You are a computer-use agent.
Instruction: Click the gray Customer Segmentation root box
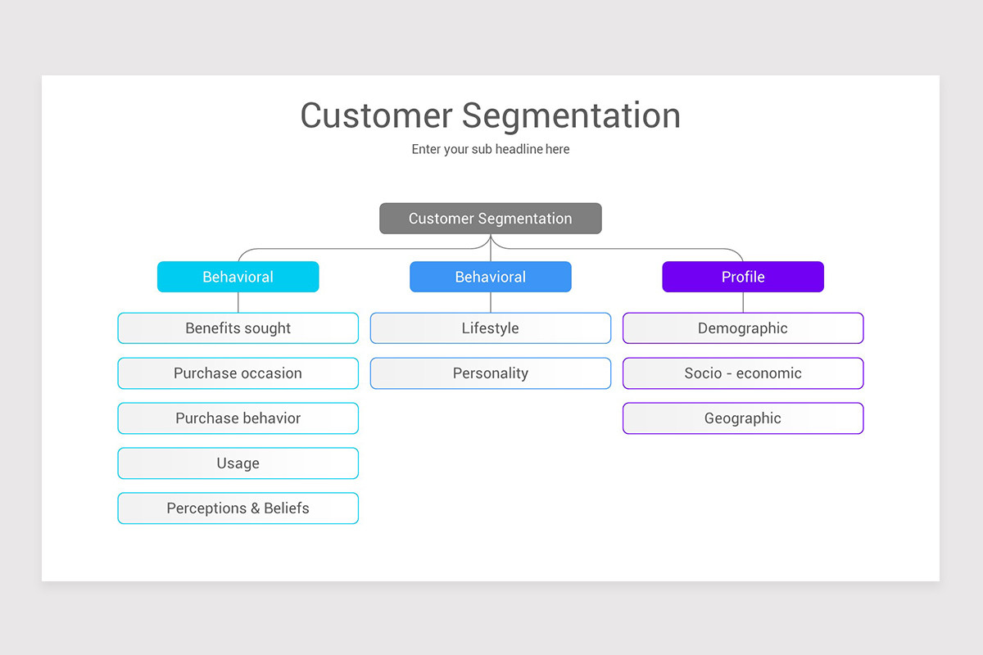click(490, 219)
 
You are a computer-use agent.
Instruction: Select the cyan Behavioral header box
click(238, 277)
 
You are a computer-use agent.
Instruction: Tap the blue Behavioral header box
click(490, 277)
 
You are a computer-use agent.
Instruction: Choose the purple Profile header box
click(742, 277)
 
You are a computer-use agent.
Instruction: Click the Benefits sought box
click(238, 328)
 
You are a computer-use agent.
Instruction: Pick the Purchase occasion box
click(238, 373)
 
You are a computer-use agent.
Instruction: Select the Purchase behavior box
click(238, 418)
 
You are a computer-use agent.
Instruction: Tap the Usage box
click(238, 463)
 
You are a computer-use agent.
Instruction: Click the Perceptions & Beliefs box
click(238, 508)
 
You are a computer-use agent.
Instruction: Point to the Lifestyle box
click(490, 328)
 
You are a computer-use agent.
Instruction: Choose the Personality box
click(490, 373)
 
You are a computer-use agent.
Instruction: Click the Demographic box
click(742, 328)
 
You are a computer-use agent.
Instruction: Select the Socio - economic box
click(742, 373)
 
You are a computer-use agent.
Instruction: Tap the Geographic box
click(742, 418)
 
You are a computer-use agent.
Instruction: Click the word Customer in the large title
click(376, 115)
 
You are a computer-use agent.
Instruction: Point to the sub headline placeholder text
click(490, 150)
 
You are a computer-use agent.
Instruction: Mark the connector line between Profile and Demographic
click(743, 302)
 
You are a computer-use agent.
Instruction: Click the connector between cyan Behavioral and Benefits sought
click(238, 302)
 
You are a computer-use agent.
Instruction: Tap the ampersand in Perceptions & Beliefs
click(256, 508)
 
